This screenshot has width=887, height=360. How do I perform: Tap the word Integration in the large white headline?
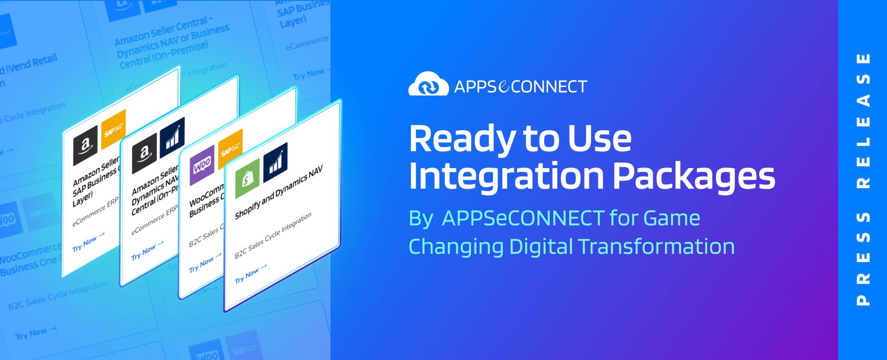pyautogui.click(x=506, y=176)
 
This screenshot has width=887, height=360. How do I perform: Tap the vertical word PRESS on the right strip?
pyautogui.click(x=863, y=259)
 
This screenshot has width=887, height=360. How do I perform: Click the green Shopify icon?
pyautogui.click(x=247, y=178)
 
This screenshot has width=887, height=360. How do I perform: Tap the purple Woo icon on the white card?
pyautogui.click(x=202, y=165)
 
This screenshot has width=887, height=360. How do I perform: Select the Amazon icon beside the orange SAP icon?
pyautogui.click(x=85, y=146)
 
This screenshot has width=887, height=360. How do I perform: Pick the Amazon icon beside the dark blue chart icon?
pyautogui.click(x=144, y=153)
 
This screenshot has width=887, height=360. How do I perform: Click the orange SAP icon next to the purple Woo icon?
pyautogui.click(x=230, y=149)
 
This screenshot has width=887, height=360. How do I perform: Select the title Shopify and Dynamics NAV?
pyautogui.click(x=278, y=193)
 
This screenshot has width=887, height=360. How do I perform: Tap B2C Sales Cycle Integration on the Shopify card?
pyautogui.click(x=273, y=236)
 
